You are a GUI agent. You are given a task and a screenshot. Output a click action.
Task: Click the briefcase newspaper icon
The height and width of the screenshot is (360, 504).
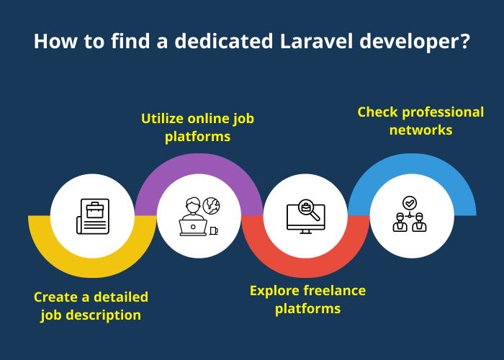(92, 217)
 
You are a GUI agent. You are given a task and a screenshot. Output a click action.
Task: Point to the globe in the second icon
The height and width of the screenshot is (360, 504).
(211, 205)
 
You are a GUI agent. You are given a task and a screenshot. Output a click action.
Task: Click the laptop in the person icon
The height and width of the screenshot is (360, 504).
(192, 228)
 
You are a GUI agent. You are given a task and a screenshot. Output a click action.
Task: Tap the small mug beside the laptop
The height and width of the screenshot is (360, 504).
(213, 230)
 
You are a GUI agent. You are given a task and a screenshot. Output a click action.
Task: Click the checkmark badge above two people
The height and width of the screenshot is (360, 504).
(410, 203)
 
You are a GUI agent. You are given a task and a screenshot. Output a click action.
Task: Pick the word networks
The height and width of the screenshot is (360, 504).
(420, 130)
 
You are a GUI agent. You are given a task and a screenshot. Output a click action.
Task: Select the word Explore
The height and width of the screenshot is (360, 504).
(274, 291)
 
